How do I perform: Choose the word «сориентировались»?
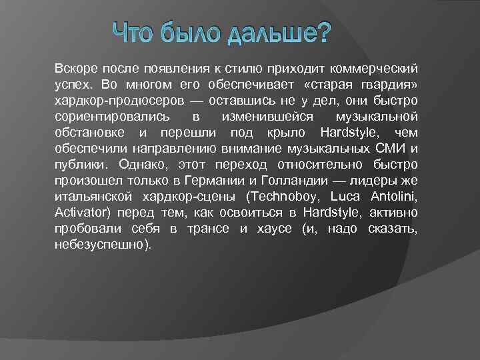tap(103, 117)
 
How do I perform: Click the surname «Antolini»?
tap(393, 197)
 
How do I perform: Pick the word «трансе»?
tap(207, 229)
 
